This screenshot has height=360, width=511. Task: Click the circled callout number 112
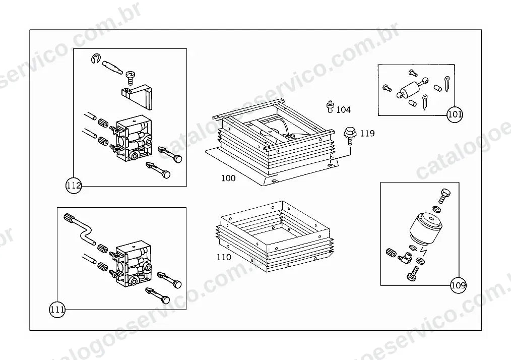point(74,186)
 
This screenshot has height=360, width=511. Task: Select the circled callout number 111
point(57,309)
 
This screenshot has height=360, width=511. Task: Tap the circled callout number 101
point(455,114)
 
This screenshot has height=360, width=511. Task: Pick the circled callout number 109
point(459,286)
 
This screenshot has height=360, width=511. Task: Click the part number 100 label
point(228,178)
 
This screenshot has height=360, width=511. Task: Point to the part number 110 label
point(224,257)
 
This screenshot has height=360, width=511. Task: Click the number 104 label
point(344,109)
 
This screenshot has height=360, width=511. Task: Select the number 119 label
point(367,134)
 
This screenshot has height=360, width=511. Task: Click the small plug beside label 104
point(330,106)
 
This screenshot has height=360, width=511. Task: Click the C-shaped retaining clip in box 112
point(96,58)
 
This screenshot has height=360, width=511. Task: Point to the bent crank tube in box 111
point(80,228)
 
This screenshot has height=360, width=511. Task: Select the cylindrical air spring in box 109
point(423,228)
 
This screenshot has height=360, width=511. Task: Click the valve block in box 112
point(134,138)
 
